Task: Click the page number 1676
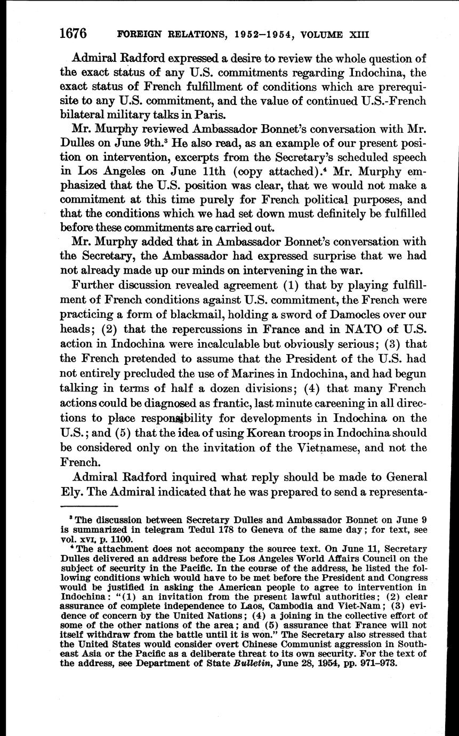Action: click(73, 34)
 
